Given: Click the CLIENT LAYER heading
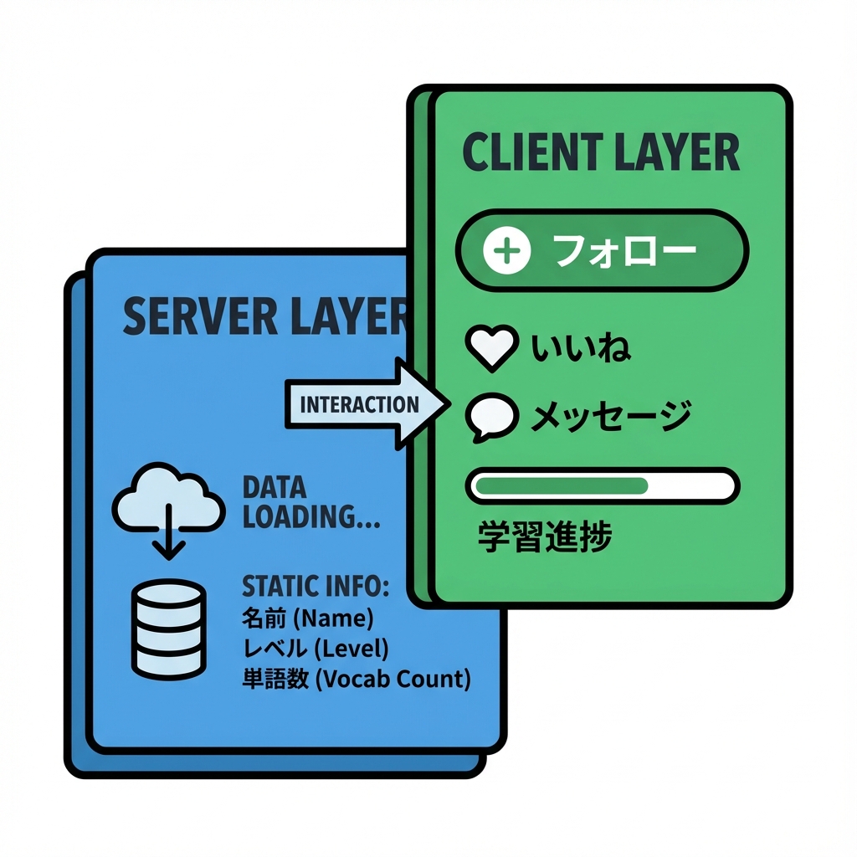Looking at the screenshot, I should point(601,153).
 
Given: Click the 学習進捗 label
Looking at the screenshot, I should point(545,537).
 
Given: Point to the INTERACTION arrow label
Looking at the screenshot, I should point(358,405).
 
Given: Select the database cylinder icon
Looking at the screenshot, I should point(169,629).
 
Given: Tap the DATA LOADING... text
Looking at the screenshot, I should point(310,503).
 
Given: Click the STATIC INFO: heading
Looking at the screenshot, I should point(316,585).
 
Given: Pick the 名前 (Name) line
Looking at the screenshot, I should point(307,619).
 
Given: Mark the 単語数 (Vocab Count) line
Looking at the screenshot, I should point(356,678).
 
